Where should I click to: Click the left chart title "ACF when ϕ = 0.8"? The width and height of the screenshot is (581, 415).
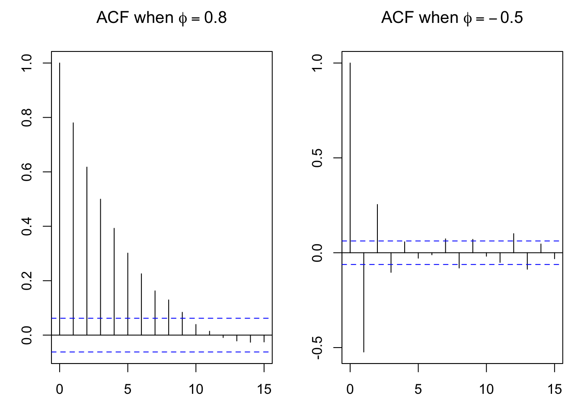tap(162, 18)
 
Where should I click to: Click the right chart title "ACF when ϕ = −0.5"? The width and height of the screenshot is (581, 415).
tap(452, 18)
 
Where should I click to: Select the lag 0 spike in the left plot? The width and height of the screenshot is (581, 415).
tap(60, 199)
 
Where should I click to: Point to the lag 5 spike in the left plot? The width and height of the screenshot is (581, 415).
tap(128, 294)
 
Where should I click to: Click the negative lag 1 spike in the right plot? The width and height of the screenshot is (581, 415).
tap(364, 303)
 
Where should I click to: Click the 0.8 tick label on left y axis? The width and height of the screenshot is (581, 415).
tap(27, 118)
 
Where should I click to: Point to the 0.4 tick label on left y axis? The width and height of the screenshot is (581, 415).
tap(27, 226)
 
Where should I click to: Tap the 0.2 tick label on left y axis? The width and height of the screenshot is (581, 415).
tap(27, 281)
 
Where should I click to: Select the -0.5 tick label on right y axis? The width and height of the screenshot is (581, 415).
tap(317, 348)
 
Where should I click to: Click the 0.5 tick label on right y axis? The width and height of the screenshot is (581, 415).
tap(317, 158)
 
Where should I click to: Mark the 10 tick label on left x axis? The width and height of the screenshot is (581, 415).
tap(196, 389)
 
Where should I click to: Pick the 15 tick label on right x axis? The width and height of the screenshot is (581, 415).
tap(555, 389)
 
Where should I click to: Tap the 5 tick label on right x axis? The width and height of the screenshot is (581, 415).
tap(418, 389)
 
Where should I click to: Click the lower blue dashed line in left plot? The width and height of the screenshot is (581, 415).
tap(160, 352)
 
